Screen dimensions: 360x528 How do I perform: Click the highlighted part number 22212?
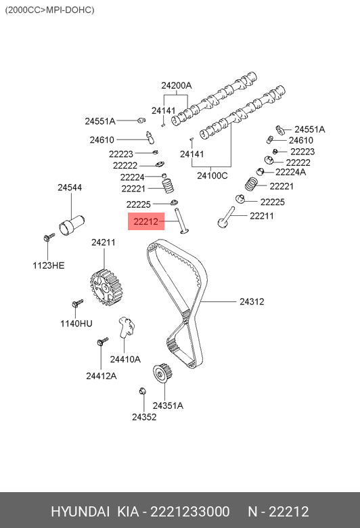145,221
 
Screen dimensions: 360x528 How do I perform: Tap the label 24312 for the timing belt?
252,302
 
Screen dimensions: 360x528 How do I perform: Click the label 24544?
70,188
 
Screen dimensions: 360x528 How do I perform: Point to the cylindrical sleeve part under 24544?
72,225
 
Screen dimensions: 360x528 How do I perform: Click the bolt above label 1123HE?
49,237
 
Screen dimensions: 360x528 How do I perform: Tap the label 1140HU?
76,324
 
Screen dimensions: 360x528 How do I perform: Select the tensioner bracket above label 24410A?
127,327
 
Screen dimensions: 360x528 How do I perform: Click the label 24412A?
101,376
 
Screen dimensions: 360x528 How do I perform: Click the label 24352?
144,417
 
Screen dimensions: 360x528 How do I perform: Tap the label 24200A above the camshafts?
177,86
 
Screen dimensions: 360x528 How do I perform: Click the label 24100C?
212,176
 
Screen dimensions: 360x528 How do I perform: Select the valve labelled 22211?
226,217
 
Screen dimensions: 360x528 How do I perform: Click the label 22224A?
290,172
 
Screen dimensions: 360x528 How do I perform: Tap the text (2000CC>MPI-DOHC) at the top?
49,9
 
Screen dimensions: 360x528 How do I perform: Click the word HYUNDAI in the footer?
80,512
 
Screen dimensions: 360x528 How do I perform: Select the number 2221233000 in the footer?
190,512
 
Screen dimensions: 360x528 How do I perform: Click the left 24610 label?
102,139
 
